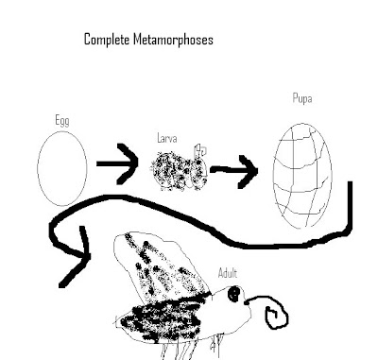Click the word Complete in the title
(107, 40)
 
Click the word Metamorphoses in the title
(173, 40)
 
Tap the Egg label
(62, 121)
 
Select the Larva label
(167, 138)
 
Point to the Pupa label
(302, 98)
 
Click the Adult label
(228, 273)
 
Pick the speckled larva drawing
(179, 170)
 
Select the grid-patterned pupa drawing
(302, 175)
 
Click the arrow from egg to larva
(117, 163)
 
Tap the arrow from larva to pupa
(233, 170)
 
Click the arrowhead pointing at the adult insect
(76, 257)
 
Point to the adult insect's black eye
(234, 294)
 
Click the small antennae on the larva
(200, 150)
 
